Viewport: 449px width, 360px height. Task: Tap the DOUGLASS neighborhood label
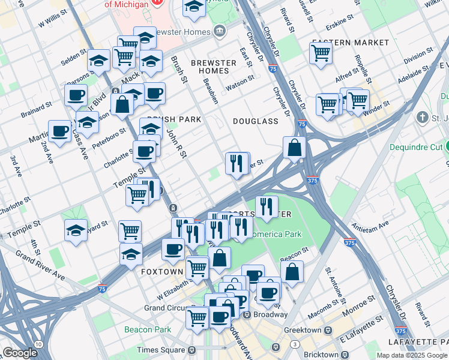tap(256, 121)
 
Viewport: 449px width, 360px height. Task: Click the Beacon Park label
tap(148, 329)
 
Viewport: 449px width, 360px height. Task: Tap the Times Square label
tap(161, 350)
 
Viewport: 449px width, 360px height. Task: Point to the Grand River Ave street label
tap(41, 265)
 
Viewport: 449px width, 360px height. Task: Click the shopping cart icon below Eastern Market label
tap(321, 52)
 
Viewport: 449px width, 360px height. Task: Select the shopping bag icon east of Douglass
tap(294, 147)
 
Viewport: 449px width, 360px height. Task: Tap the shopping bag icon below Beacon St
tap(292, 271)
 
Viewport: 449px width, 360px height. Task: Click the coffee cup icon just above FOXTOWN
tap(173, 248)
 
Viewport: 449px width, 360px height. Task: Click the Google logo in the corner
tap(20, 353)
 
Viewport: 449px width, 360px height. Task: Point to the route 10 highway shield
tap(39, 344)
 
